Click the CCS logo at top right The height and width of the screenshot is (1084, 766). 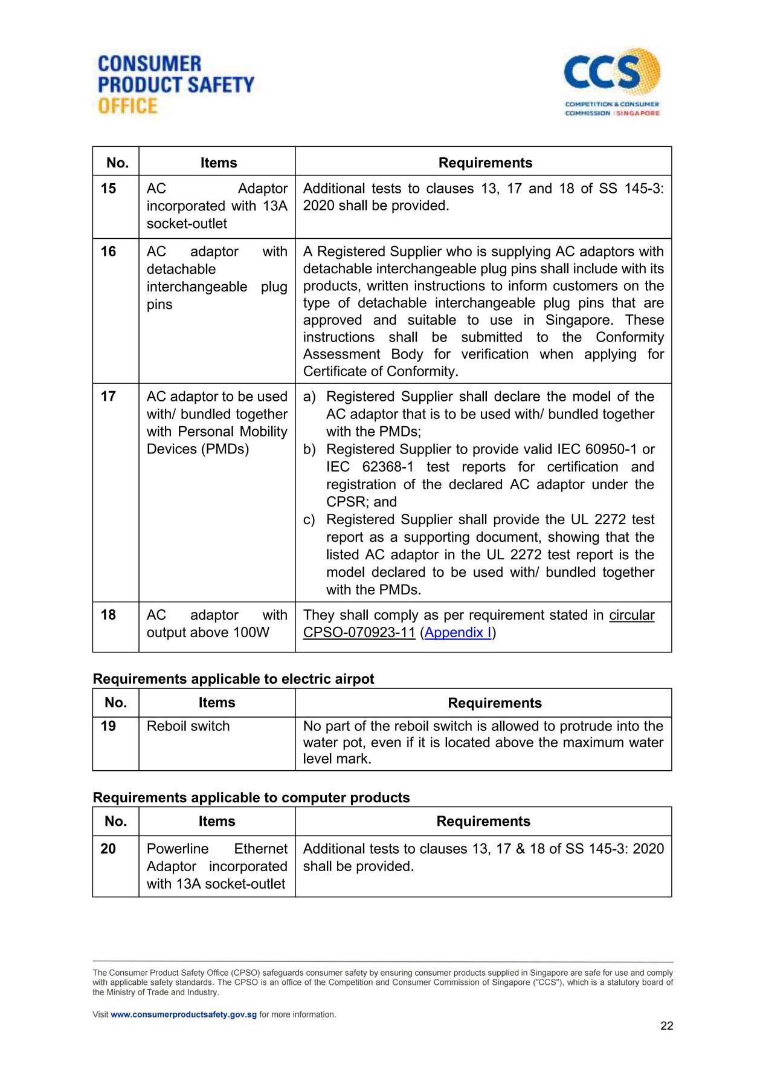[x=612, y=82]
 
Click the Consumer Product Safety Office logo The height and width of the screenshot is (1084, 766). [x=176, y=85]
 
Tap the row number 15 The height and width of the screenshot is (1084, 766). [x=108, y=189]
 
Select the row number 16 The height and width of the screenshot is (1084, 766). [x=108, y=252]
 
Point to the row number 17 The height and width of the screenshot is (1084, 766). [x=108, y=397]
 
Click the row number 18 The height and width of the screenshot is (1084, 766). [x=108, y=615]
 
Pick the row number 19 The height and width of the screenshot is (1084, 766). [x=108, y=726]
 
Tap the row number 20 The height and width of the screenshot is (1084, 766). [x=108, y=849]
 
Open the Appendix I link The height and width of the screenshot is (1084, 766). [x=458, y=632]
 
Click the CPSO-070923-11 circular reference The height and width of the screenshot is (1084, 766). [x=359, y=632]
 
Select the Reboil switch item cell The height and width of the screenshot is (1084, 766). [x=188, y=726]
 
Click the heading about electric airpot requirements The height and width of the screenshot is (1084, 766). [x=233, y=679]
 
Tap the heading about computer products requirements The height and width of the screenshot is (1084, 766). [x=251, y=797]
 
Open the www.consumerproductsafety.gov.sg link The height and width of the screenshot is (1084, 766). [x=184, y=1014]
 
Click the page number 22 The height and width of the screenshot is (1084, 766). [x=666, y=1026]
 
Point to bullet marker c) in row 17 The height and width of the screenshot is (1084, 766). [x=309, y=520]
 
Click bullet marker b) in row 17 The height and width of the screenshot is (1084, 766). [x=309, y=450]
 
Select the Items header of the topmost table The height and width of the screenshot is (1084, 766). [x=219, y=163]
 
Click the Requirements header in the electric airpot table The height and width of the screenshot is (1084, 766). [x=494, y=703]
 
